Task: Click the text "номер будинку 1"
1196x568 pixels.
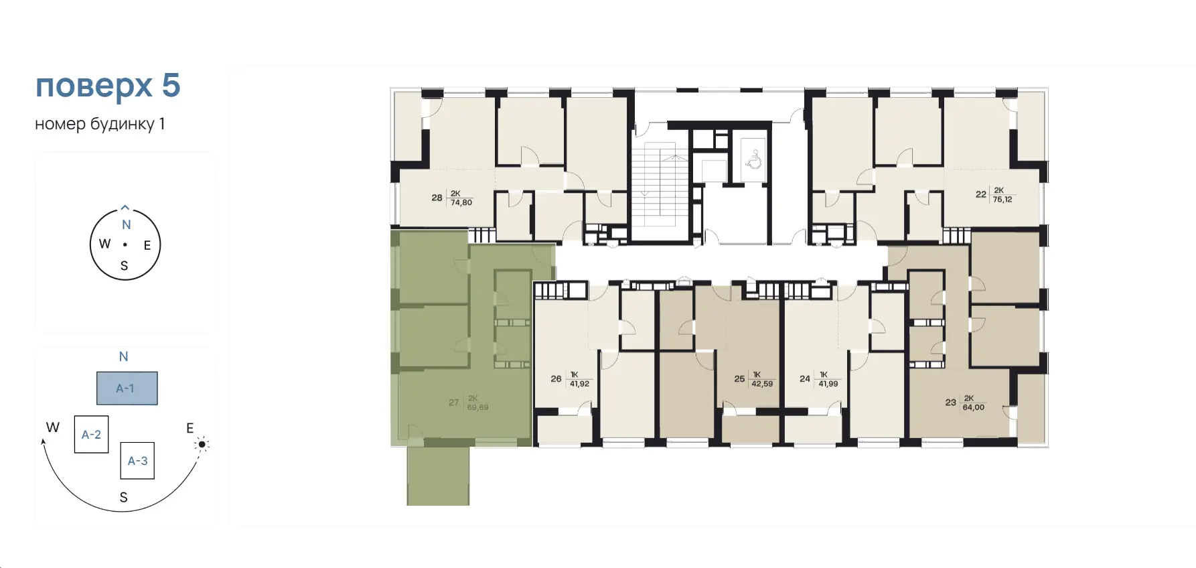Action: point(100,124)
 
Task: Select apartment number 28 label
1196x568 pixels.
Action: point(437,198)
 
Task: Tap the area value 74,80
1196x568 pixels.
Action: point(461,202)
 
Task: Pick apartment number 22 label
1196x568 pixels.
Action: point(981,194)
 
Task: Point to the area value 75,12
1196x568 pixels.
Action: point(1002,200)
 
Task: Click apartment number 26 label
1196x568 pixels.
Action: point(556,378)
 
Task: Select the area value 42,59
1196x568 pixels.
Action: point(762,384)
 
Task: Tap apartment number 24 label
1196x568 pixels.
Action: point(805,378)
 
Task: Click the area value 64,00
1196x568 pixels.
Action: point(974,407)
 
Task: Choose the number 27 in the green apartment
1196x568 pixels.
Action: point(454,403)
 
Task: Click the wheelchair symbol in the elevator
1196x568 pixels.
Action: point(754,159)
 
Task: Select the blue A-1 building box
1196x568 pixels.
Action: point(127,388)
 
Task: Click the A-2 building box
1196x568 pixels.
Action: point(92,435)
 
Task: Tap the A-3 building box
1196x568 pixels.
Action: point(137,461)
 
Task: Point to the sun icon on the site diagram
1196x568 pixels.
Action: point(202,444)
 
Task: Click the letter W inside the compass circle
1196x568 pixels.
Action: point(104,244)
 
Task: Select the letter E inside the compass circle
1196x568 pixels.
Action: point(147,245)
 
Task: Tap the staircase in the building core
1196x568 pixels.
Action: point(660,185)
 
